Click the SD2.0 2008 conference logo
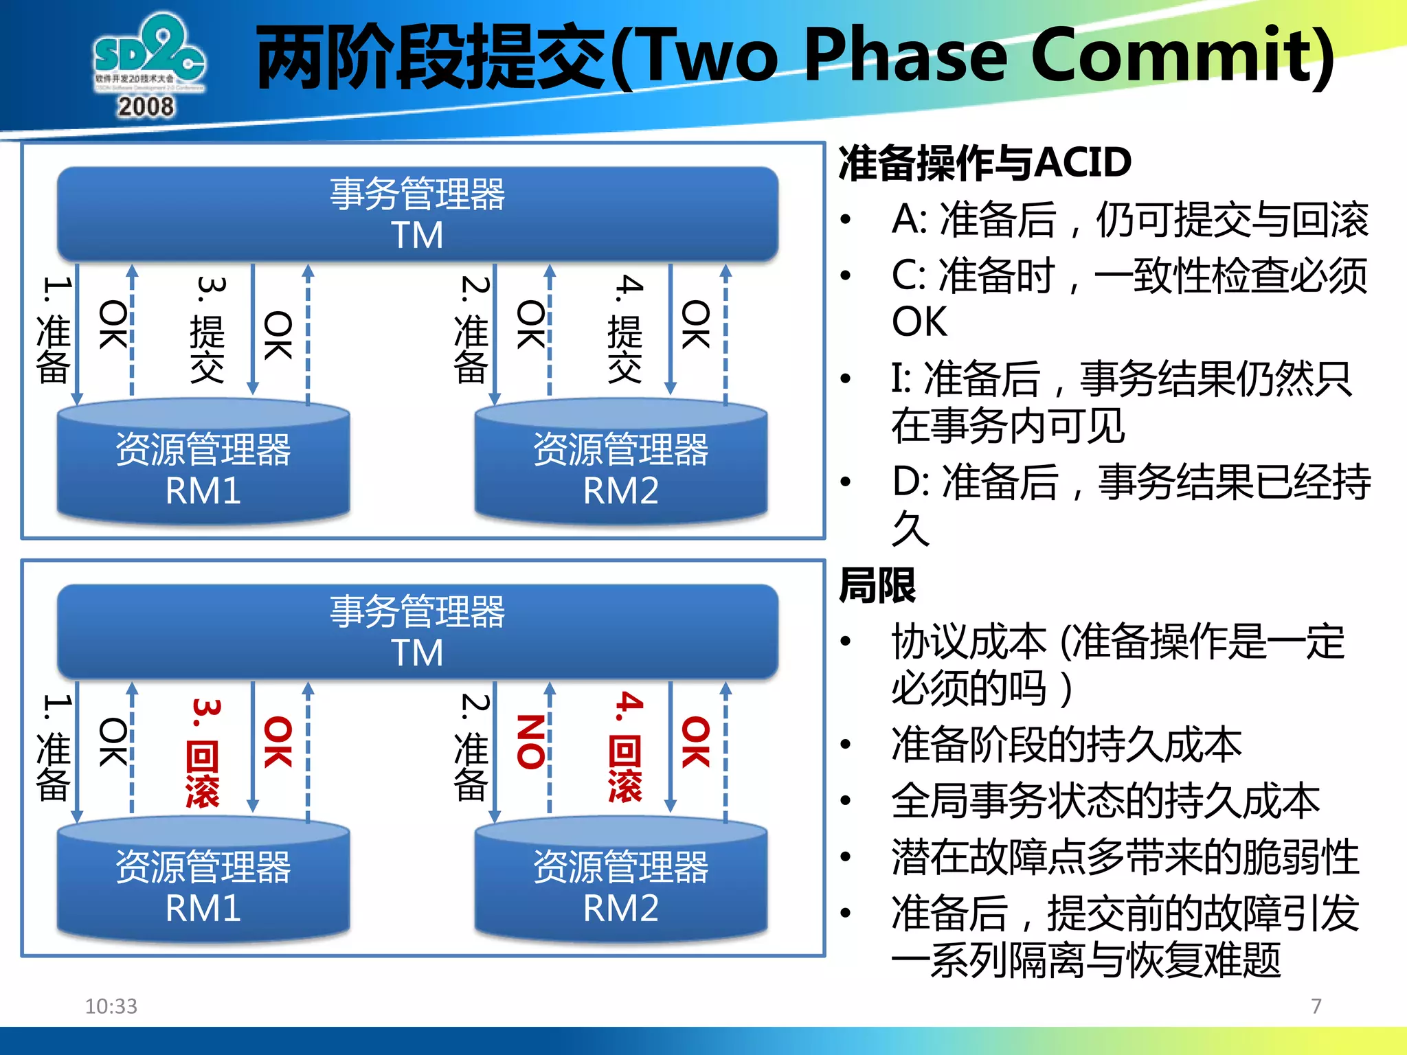[x=148, y=65]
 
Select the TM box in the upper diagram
[x=417, y=214]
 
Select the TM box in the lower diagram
[x=417, y=631]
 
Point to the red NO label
[x=530, y=741]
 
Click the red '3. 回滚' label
[x=204, y=752]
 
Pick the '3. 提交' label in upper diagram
[x=208, y=330]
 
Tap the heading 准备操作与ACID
[x=984, y=163]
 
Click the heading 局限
[x=877, y=586]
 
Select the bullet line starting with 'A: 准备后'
[x=1129, y=220]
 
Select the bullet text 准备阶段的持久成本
[x=1066, y=745]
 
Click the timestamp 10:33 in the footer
[x=111, y=1006]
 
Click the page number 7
[x=1316, y=1006]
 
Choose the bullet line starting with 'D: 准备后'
[x=1131, y=482]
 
